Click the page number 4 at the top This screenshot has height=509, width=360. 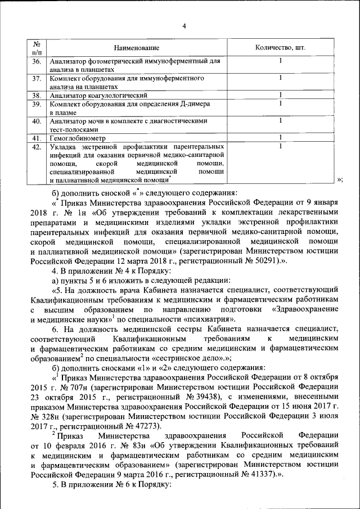tap(184, 25)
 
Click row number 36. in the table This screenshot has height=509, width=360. tap(36, 61)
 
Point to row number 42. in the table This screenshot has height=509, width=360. tap(36, 147)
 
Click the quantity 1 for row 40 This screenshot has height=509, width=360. tap(280, 120)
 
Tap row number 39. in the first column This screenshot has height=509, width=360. tap(36, 104)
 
